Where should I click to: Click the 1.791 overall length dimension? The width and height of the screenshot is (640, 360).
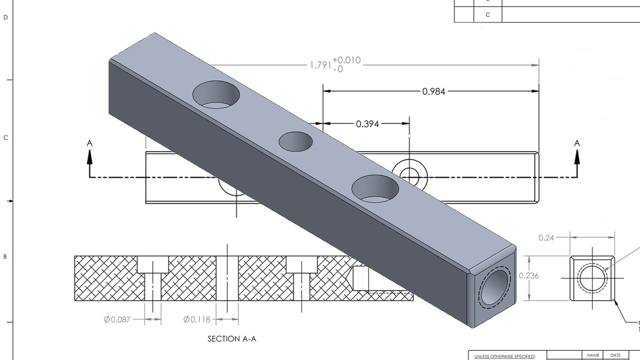321,66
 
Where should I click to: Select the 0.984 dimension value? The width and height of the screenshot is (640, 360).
434,91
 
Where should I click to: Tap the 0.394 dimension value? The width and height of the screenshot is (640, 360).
367,124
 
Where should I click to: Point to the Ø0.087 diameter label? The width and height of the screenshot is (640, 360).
117,319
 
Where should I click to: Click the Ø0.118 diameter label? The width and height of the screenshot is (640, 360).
197,319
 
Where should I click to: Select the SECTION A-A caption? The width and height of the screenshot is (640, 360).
231,339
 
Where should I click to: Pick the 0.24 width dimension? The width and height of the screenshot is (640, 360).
546,238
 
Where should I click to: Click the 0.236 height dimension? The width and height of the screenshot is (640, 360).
529,276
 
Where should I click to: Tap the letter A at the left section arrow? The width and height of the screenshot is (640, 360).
90,143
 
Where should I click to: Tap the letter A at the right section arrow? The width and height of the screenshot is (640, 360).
577,143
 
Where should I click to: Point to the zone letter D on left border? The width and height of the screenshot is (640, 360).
6,18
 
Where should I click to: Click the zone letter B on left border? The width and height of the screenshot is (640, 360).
6,257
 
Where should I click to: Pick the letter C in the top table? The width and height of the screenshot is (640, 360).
487,15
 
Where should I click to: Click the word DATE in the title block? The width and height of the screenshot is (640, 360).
615,355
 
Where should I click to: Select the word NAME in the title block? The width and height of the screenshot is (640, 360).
593,355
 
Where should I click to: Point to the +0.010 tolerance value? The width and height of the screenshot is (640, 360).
347,60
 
